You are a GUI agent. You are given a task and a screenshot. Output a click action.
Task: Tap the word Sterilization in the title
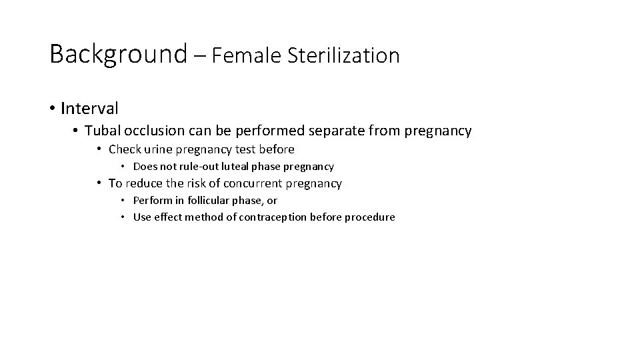[344, 55]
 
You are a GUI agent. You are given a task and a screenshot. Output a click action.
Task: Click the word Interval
[89, 108]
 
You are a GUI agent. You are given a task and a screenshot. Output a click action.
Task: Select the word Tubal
[102, 131]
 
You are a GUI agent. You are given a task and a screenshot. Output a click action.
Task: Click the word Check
[125, 149]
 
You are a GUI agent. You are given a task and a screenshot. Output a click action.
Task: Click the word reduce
[145, 183]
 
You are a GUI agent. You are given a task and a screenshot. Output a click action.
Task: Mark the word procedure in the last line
[371, 217]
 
